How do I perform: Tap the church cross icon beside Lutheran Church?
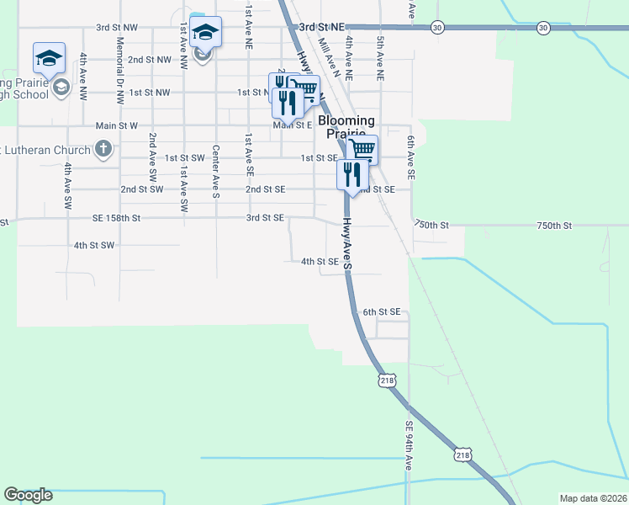coord(103,151)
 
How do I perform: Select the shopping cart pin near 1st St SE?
coord(362,150)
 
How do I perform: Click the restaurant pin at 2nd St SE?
coord(350,175)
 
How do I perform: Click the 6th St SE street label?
coord(381,311)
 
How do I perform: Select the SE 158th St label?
coord(117,217)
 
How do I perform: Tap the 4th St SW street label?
coord(93,245)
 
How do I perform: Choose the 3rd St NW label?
coord(116,28)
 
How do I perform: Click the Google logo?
coord(28,495)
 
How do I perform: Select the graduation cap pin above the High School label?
coord(49,58)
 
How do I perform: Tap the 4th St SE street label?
coord(320,262)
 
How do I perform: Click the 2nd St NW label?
coord(151,60)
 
